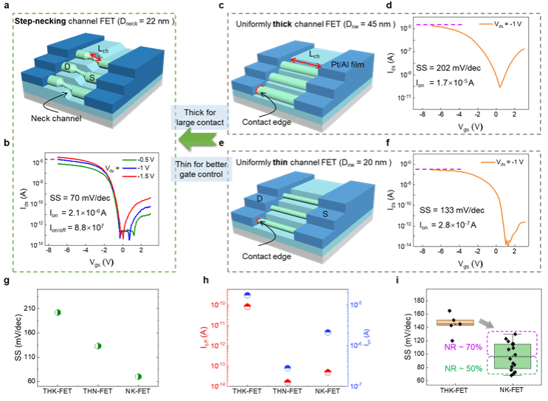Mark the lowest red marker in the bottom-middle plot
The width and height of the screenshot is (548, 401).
pyautogui.click(x=287, y=381)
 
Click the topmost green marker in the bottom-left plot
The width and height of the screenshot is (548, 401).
pyautogui.click(x=57, y=312)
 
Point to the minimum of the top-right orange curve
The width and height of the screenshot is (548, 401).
pyautogui.click(x=500, y=86)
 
